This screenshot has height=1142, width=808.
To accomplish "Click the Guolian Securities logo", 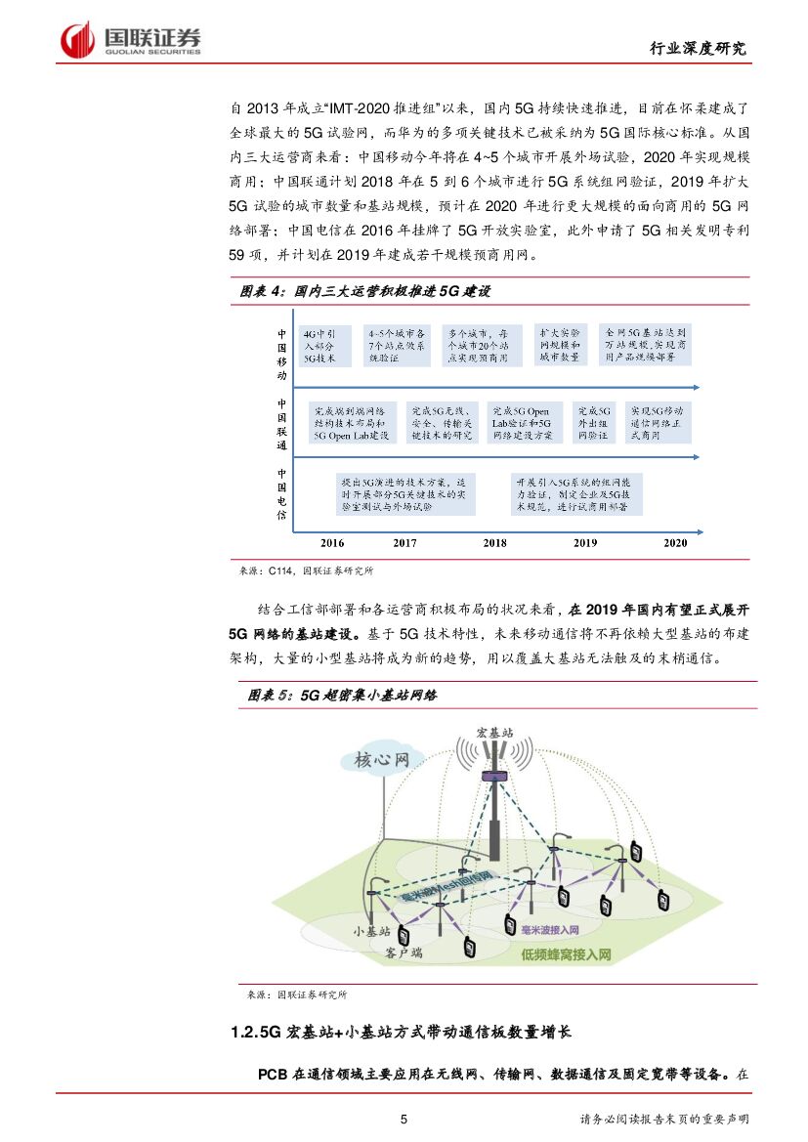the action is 131,40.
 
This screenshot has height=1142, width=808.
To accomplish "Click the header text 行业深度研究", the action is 698,49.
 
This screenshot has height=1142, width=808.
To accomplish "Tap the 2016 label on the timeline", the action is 332,542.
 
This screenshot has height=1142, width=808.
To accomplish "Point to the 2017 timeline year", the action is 404,542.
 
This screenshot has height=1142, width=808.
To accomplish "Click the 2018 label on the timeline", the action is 494,542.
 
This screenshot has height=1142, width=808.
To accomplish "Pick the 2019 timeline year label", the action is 585,542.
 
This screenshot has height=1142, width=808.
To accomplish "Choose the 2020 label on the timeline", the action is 675,542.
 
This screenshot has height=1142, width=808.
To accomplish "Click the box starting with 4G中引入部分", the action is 324,346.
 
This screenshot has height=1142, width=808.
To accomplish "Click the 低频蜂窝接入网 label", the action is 566,954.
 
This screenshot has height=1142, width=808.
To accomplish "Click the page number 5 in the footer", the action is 404,1119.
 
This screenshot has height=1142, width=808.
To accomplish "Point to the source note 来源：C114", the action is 306,571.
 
